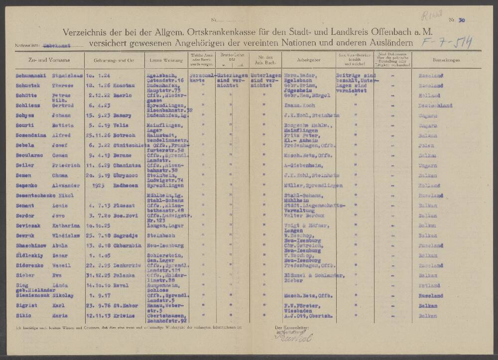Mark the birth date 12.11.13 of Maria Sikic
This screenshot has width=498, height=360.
98,315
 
